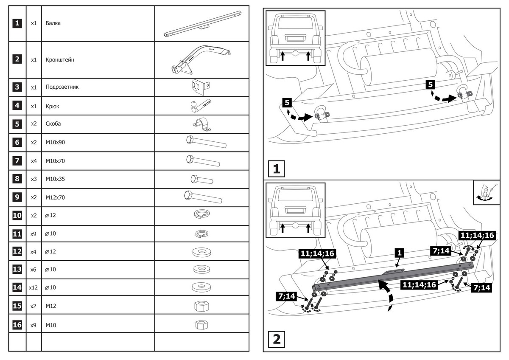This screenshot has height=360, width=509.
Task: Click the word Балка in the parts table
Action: coord(53,23)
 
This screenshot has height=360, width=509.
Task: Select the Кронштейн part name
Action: coord(60,60)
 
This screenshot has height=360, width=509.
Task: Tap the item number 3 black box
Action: coord(17,87)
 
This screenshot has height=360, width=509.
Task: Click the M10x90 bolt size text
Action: coord(55,143)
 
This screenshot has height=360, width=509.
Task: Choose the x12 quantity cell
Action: coord(34,287)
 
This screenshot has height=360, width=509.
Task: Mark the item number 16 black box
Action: coord(17,325)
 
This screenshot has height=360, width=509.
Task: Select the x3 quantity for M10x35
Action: coord(34,179)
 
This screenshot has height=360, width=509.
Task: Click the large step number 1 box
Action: coord(276,168)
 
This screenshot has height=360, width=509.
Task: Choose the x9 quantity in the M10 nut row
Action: coord(34,325)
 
